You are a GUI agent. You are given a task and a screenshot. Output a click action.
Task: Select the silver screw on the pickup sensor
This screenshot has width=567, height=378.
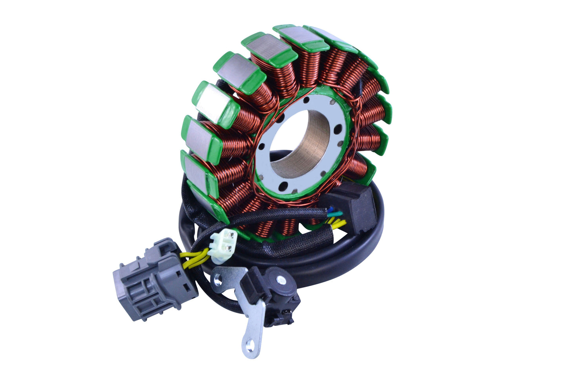[281, 280]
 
